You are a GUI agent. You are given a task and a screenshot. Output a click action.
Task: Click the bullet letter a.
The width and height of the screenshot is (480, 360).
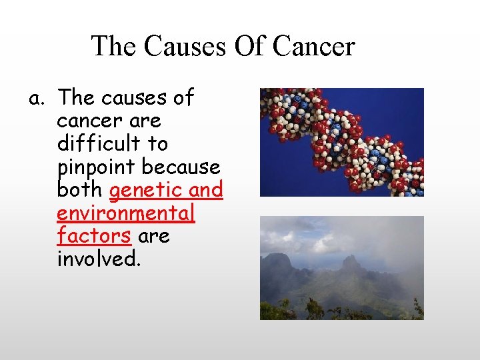coord(36,99)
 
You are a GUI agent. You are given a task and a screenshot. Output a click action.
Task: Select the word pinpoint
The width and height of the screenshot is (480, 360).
coord(90,167)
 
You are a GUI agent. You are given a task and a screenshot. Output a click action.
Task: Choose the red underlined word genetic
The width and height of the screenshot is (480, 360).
coord(145,191)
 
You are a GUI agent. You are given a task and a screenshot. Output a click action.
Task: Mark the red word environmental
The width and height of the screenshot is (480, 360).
coord(126,213)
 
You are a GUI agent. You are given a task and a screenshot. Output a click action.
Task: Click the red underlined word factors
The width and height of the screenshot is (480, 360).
coord(94,236)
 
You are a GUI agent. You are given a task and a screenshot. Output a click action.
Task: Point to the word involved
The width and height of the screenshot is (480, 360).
coord(98,259)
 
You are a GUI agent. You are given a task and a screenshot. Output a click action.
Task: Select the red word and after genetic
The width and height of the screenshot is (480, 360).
coord(205,190)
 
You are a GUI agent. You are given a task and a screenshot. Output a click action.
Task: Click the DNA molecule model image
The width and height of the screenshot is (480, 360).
coord(341,142)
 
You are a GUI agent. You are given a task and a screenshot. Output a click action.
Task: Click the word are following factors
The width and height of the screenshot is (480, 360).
coord(153,236)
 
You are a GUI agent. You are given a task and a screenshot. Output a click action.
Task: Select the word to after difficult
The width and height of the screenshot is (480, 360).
coord(158,143)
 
